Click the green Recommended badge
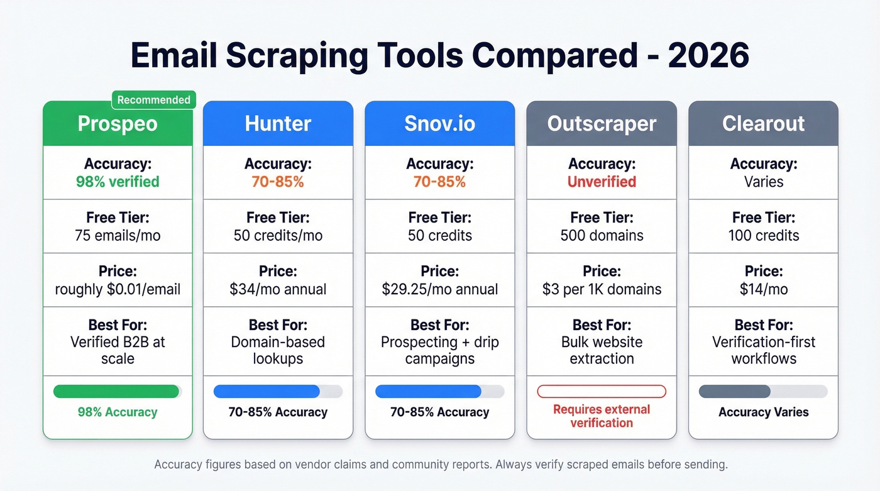153,100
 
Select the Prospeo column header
118,124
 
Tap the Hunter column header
278,124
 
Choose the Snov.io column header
439,124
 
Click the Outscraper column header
602,124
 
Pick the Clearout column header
763,124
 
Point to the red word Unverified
602,182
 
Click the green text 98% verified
118,182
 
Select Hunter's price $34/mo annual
278,289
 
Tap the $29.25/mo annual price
439,289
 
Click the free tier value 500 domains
602,236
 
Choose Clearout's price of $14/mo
763,289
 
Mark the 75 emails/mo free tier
118,236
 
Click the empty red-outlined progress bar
602,392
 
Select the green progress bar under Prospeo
118,392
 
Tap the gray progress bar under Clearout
763,392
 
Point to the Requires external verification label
602,416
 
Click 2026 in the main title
708,56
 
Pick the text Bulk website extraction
602,351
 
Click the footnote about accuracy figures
440,465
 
